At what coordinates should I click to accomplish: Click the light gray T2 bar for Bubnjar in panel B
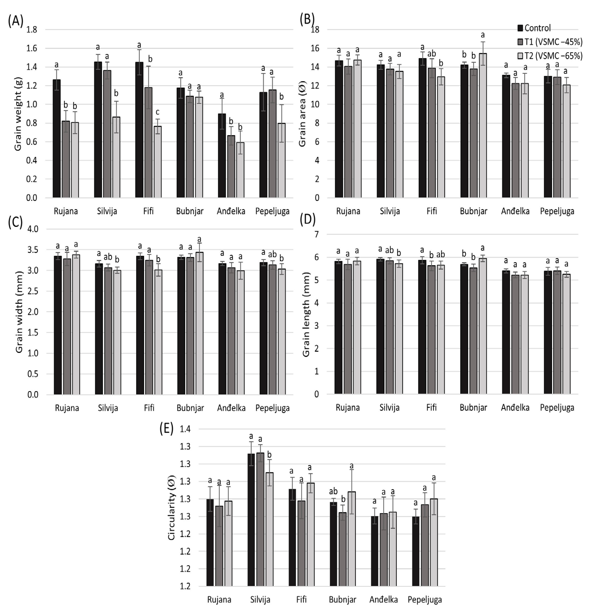pos(483,125)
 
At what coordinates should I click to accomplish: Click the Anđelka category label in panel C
pos(231,408)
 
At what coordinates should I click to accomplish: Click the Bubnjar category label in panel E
pos(342,600)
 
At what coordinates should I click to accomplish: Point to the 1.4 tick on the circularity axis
pos(185,429)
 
